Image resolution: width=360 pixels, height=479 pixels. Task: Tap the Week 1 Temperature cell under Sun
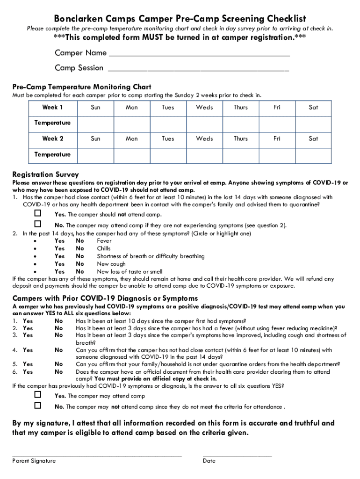pyautogui.click(x=95, y=123)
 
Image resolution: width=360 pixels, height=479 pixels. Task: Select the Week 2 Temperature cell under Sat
pyautogui.click(x=313, y=155)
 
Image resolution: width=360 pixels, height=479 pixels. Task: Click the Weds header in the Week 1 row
pyautogui.click(x=204, y=108)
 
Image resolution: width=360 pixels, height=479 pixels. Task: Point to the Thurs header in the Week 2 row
pyautogui.click(x=241, y=139)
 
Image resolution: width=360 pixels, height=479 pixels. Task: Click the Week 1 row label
pyautogui.click(x=52, y=108)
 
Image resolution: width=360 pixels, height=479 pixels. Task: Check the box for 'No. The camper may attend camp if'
pyautogui.click(x=38, y=224)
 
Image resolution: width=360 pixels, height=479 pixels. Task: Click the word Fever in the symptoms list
pyautogui.click(x=104, y=241)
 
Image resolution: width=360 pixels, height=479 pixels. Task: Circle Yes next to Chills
pyautogui.click(x=59, y=249)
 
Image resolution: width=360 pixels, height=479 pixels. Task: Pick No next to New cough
pyautogui.click(x=80, y=264)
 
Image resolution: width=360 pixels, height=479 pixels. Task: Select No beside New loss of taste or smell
pyautogui.click(x=80, y=271)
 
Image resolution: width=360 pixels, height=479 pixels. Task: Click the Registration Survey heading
pyautogui.click(x=45, y=174)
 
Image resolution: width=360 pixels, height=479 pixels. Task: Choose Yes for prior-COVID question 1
pyautogui.click(x=28, y=321)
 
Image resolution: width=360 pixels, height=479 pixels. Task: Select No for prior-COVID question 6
pyautogui.click(x=59, y=372)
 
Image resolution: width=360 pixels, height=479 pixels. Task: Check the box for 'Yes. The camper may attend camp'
pyautogui.click(x=38, y=394)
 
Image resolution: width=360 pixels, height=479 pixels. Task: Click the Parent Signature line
pyautogui.click(x=97, y=454)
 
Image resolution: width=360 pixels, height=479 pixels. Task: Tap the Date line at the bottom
pyautogui.click(x=237, y=454)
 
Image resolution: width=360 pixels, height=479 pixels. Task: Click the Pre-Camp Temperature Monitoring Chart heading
pyautogui.click(x=81, y=87)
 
